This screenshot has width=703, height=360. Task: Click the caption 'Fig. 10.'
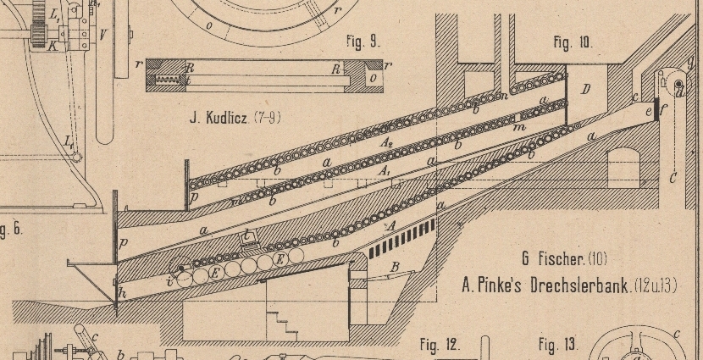pyautogui.click(x=573, y=42)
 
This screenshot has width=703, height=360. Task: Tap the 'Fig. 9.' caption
pyautogui.click(x=365, y=40)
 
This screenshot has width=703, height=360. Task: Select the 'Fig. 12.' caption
pyautogui.click(x=440, y=344)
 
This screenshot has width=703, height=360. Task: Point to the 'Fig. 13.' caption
pyautogui.click(x=558, y=344)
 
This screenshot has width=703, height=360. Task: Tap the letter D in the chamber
pyautogui.click(x=585, y=89)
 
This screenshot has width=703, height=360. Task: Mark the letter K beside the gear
pyautogui.click(x=53, y=47)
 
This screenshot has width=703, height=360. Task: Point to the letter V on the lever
pyautogui.click(x=102, y=36)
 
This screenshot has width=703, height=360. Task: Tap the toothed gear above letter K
pyautogui.click(x=39, y=18)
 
